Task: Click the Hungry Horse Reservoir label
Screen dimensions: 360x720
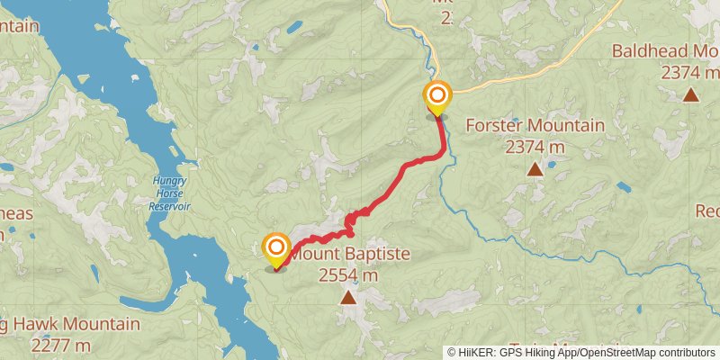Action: click(169, 192)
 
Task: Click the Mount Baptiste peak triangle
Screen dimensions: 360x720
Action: click(348, 295)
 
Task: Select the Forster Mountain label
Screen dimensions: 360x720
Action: click(535, 125)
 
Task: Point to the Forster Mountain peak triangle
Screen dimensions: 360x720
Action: click(535, 168)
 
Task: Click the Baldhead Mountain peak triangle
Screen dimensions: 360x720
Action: click(690, 94)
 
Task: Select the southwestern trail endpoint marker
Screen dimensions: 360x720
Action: click(275, 249)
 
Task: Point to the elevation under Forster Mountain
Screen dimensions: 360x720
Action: click(535, 146)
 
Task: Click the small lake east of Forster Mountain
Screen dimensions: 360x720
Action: click(624, 187)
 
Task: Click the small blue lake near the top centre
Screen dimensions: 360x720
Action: click(294, 27)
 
